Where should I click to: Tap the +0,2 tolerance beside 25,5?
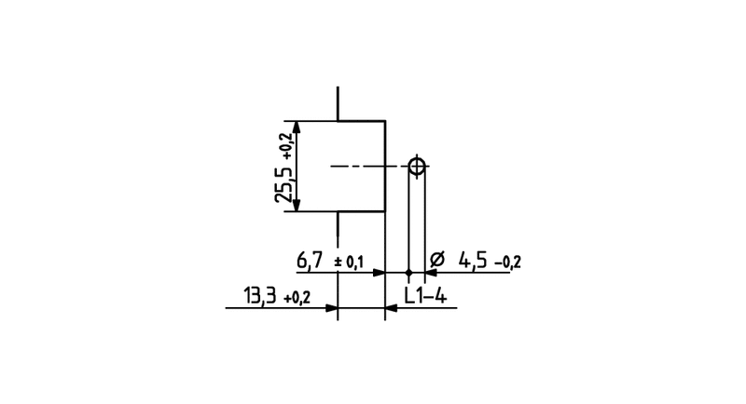point(287,146)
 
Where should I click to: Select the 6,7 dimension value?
point(310,260)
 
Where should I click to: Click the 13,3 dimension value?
point(260,296)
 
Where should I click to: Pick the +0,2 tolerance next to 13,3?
point(297,298)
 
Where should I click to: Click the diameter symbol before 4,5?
point(436,260)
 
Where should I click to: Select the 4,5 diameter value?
point(473,261)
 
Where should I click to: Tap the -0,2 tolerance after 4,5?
point(508,263)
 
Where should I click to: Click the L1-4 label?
point(425,296)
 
